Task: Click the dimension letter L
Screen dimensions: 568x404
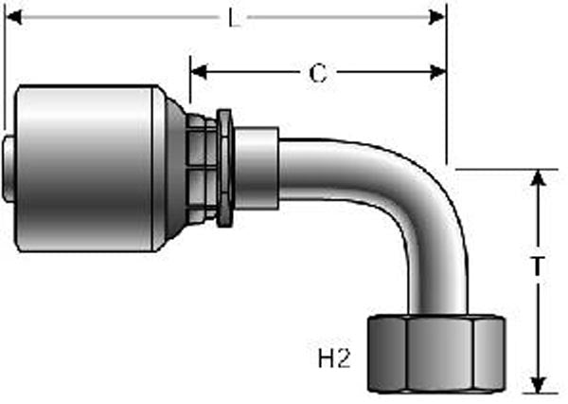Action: [x=235, y=18]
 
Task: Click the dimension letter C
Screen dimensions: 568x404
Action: [x=318, y=73]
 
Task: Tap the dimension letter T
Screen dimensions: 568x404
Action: [x=538, y=266]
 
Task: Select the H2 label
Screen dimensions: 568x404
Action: [x=334, y=358]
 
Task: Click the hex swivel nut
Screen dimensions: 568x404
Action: [x=436, y=355]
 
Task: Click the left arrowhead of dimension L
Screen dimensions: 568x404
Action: [x=14, y=17]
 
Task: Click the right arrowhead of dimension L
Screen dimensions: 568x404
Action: [x=436, y=17]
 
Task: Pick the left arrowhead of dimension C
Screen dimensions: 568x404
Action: [x=199, y=71]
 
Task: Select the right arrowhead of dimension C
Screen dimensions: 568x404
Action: [x=437, y=72]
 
